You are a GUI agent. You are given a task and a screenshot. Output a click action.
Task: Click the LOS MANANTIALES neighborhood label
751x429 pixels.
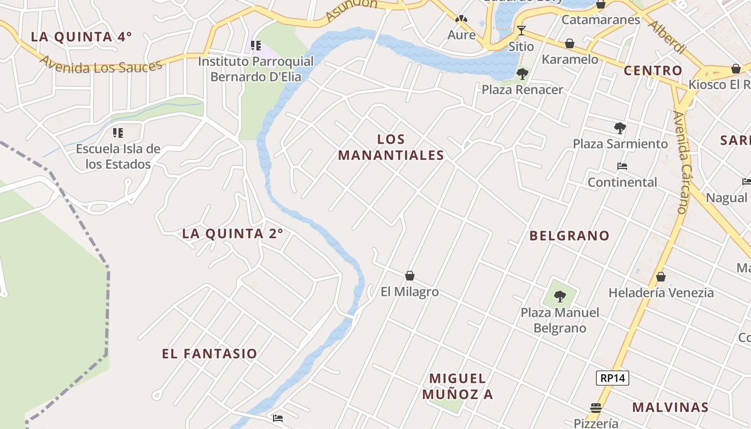tap(391, 147)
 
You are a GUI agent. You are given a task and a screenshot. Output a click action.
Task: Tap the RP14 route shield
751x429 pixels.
tap(612, 378)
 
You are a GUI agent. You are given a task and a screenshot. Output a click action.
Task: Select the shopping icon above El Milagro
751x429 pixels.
tap(410, 276)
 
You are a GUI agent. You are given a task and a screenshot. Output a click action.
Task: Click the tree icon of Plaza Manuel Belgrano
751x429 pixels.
tap(559, 295)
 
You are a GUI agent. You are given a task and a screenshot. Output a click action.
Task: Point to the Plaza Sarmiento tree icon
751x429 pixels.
tap(620, 128)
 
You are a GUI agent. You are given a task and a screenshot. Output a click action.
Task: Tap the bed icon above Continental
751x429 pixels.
tap(622, 166)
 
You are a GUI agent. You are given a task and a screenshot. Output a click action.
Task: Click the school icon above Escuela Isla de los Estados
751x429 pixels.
tap(118, 132)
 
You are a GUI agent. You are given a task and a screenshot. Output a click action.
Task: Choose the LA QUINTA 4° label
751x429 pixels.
tap(81, 37)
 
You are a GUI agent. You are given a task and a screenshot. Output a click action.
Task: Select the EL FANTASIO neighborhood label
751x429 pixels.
tap(210, 354)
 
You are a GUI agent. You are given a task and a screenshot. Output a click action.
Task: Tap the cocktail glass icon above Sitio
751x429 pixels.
tap(521, 30)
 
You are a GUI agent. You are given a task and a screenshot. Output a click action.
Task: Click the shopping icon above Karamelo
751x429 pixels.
tap(570, 43)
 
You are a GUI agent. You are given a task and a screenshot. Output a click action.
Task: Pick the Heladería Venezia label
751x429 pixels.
tap(661, 293)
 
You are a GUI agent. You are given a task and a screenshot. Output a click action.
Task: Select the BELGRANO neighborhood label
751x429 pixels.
tap(569, 235)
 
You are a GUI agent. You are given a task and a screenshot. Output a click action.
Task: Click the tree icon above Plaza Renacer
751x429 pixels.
tap(522, 73)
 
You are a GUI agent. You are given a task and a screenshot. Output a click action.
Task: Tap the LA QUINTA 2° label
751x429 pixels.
tap(232, 234)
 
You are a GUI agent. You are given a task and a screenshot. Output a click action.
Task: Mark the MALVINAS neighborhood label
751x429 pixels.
tap(670, 407)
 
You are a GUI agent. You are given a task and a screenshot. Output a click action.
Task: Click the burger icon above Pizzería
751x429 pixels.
tap(596, 408)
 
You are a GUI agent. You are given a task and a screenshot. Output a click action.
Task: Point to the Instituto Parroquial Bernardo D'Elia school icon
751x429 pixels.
tap(256, 46)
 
